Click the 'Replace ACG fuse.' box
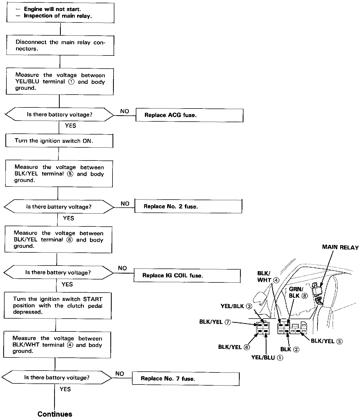coord(189,115)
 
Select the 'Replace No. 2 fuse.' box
coord(188,206)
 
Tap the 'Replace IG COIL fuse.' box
coord(187,275)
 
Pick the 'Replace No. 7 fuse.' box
coord(185,378)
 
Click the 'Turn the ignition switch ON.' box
coord(59,141)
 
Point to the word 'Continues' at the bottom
coord(55,414)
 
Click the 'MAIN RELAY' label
coord(340,247)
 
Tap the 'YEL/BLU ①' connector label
coord(267,358)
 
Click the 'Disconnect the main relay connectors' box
coord(60,45)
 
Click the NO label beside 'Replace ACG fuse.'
coord(125,111)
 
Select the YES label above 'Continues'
coord(65,389)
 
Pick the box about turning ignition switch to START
coord(58,305)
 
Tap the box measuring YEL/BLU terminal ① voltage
coord(60,81)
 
